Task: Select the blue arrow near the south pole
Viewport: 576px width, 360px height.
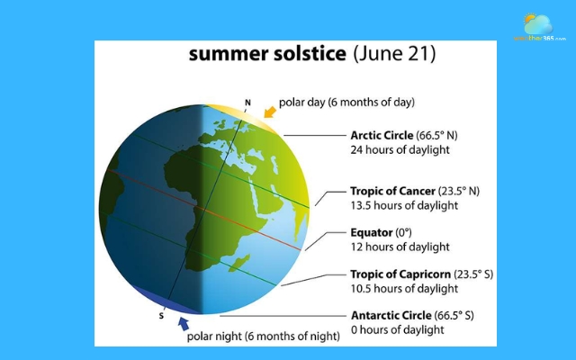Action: [x=185, y=323]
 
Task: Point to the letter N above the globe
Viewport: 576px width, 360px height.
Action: [x=247, y=102]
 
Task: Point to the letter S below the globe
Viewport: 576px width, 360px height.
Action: [x=162, y=316]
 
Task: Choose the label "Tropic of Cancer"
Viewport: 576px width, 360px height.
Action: [x=391, y=192]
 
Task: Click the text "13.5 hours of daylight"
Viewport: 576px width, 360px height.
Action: [x=404, y=205]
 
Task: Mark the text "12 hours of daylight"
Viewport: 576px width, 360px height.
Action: [x=400, y=247]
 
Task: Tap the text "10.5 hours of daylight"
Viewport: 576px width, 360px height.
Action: [x=404, y=288]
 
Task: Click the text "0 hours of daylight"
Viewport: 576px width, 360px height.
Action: [x=397, y=329]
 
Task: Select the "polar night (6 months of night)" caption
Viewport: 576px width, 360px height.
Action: [x=263, y=337]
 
